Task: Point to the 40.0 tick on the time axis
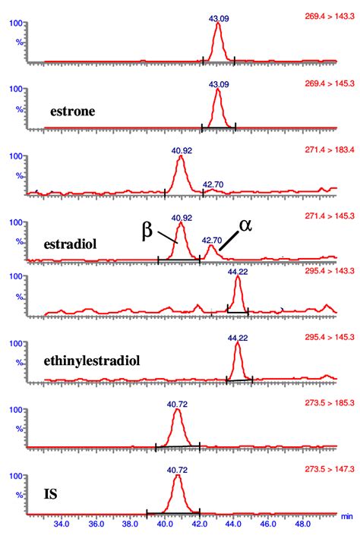point(165,524)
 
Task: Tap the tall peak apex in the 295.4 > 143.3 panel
point(238,277)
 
